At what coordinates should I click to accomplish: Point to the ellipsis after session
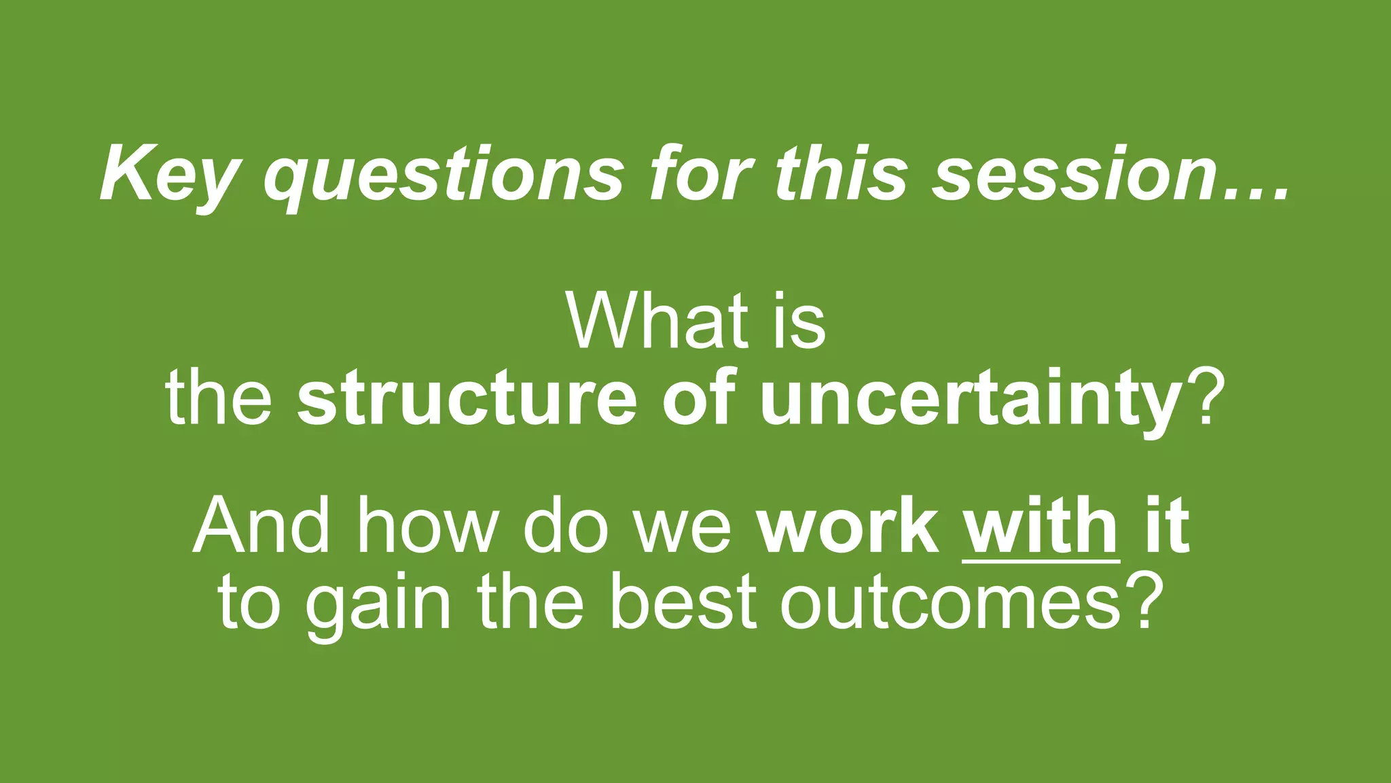tap(1257, 194)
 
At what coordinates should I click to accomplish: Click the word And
tap(261, 526)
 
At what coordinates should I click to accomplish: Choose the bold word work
tap(847, 526)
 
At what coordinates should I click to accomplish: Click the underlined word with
tap(1041, 526)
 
